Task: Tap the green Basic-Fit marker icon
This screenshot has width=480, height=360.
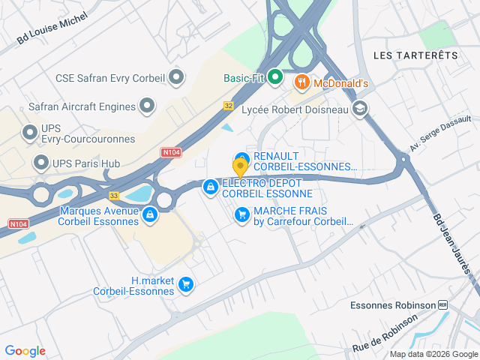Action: click(275, 77)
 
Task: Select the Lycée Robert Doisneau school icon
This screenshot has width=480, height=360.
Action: click(361, 109)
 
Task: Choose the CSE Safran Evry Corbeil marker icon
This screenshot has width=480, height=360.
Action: click(177, 77)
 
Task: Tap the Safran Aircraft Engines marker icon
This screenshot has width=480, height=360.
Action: click(148, 106)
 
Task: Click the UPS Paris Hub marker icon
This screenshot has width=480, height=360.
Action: click(41, 163)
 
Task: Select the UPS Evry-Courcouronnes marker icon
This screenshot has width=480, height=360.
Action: click(30, 133)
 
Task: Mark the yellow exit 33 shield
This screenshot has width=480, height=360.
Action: click(114, 195)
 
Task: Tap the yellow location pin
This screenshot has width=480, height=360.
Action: click(240, 167)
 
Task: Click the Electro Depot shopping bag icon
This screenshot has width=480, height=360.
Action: click(211, 185)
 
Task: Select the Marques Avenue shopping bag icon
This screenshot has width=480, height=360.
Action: click(150, 215)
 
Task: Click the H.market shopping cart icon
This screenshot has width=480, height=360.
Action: click(186, 285)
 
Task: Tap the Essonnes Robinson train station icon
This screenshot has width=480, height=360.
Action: click(443, 305)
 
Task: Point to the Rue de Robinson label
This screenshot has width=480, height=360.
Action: click(385, 334)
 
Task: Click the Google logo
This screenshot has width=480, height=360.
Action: click(25, 351)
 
